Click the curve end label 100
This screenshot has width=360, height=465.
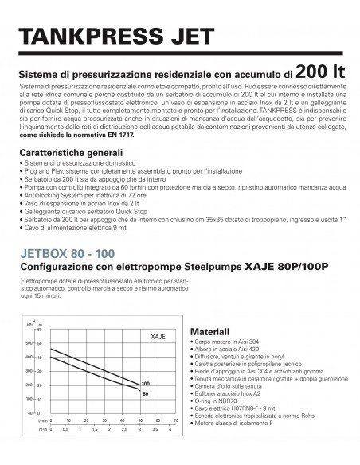146,383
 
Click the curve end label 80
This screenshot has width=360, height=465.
146,393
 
